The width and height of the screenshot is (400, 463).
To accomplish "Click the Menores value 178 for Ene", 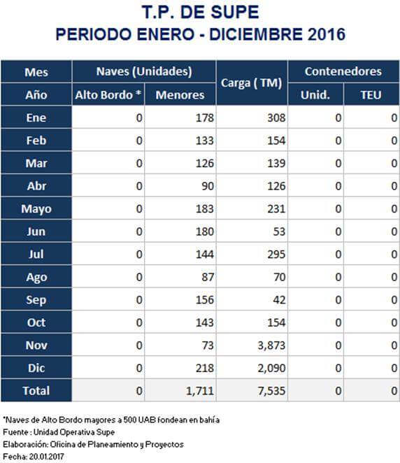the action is (x=205, y=117).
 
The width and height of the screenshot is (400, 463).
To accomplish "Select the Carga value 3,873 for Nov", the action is (x=271, y=346).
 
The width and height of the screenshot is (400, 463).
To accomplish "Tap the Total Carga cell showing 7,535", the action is (x=271, y=391).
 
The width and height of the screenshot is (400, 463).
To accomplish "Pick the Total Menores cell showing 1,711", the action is (x=199, y=391).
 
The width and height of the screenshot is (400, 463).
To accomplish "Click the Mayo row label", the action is (x=36, y=209).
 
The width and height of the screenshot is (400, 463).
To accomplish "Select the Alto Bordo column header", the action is (x=108, y=95).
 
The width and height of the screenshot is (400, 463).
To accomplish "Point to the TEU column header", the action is (x=371, y=95).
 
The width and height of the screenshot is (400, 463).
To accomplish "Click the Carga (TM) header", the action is (x=252, y=83).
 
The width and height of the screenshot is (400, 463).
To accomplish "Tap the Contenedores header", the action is (x=343, y=71).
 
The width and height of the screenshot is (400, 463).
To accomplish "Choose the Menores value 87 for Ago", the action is (x=208, y=277).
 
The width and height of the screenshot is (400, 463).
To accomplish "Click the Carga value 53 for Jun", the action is (x=279, y=231).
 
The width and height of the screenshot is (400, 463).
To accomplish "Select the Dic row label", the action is (x=36, y=368).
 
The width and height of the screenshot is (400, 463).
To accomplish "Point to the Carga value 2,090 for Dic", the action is (x=271, y=368).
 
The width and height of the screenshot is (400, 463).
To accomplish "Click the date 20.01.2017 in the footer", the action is (x=46, y=457).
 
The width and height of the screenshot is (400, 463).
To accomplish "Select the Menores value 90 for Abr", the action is (x=208, y=186).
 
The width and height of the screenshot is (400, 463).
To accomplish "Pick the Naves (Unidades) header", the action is (x=144, y=71).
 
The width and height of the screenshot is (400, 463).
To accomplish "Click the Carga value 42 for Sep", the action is (x=279, y=300).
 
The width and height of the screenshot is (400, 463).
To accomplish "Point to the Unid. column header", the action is (x=315, y=95).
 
